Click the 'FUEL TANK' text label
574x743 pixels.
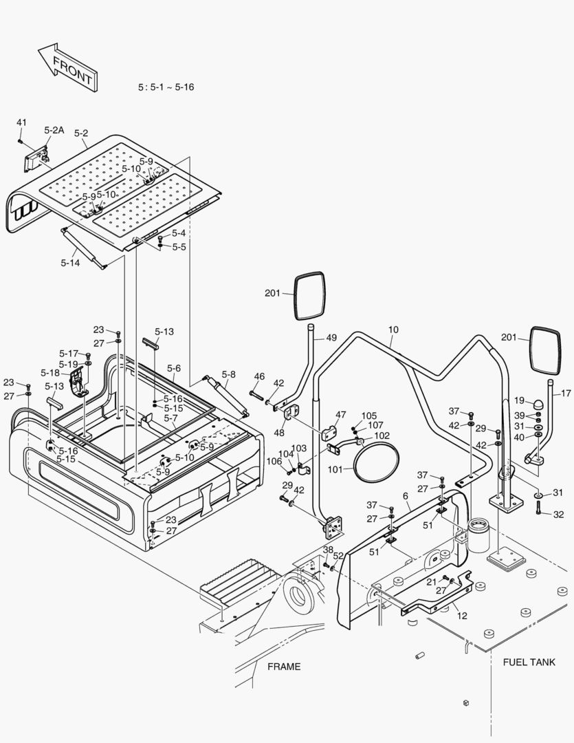pyautogui.click(x=529, y=662)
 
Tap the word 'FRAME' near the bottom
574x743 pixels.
pyautogui.click(x=284, y=666)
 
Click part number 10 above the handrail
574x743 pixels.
pyautogui.click(x=393, y=330)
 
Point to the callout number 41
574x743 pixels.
pyautogui.click(x=21, y=122)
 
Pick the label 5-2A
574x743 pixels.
pyautogui.click(x=54, y=130)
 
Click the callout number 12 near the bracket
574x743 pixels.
pyautogui.click(x=462, y=616)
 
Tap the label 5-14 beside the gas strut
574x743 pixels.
pyautogui.click(x=70, y=262)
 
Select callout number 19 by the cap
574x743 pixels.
pyautogui.click(x=520, y=400)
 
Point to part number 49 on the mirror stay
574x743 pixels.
pyautogui.click(x=331, y=337)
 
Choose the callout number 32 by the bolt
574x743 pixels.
pyautogui.click(x=558, y=514)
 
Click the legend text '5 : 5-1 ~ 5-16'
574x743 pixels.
pyautogui.click(x=166, y=87)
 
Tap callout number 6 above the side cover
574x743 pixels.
pyautogui.click(x=406, y=496)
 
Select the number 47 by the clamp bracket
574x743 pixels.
pyautogui.click(x=341, y=415)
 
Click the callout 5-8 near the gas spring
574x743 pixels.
pyautogui.click(x=228, y=375)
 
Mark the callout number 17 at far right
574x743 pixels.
pyautogui.click(x=566, y=394)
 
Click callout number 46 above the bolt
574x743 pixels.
pyautogui.click(x=259, y=376)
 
